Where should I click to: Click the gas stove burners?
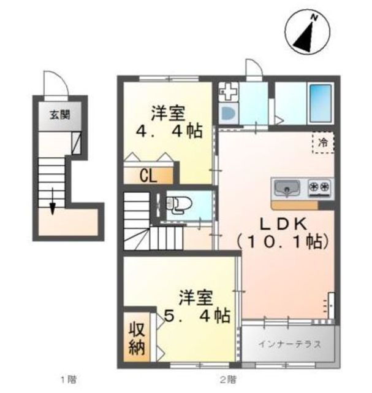pos(321,187)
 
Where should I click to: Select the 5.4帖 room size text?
pos(197,316)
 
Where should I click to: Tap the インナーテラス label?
pos(289,344)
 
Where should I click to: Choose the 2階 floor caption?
pos(229,379)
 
